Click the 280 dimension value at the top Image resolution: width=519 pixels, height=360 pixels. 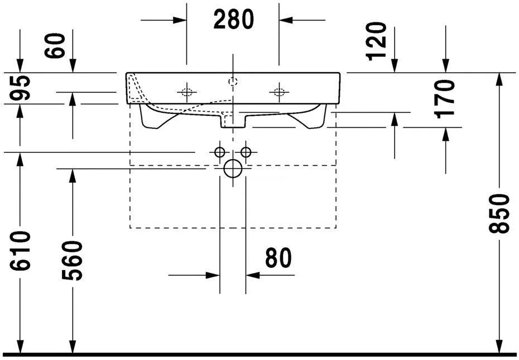[233, 20]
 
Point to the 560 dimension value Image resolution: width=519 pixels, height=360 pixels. [73, 261]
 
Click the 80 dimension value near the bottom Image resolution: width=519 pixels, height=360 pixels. [278, 258]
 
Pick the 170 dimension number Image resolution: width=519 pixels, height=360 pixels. [446, 99]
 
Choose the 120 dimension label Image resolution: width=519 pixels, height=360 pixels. [377, 40]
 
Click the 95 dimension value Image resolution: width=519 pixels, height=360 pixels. [21, 88]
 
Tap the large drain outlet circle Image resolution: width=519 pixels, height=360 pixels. [233, 168]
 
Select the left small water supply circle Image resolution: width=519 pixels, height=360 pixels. [219, 152]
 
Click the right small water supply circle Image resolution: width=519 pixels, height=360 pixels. [246, 152]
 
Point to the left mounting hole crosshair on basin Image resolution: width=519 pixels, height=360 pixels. [186, 92]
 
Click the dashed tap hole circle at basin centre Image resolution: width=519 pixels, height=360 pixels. [233, 82]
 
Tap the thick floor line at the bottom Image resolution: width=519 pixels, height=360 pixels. [259, 354]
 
